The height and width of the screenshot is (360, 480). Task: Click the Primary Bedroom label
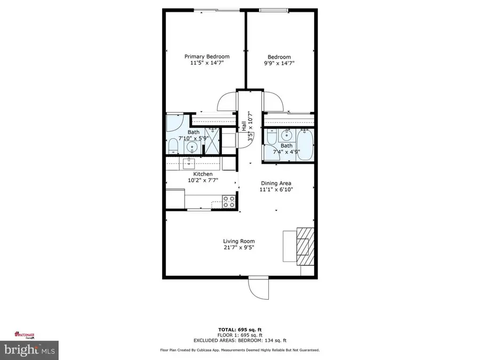207,57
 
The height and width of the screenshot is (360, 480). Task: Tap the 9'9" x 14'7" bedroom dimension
279,63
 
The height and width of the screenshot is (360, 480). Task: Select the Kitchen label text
203,174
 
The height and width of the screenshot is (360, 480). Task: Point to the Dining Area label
276,183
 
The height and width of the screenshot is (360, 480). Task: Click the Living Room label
238,241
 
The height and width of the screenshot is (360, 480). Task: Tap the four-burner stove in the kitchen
229,202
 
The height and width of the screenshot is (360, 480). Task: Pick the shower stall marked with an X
212,141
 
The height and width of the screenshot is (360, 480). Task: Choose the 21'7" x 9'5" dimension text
238,247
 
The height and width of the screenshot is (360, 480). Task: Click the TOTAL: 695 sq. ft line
240,329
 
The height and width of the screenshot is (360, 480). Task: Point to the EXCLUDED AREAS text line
240,340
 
